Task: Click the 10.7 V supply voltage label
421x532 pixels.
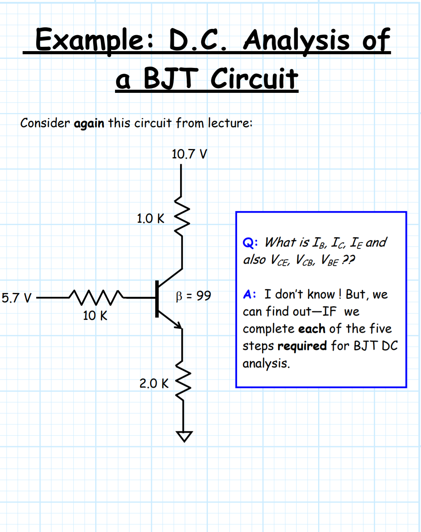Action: pyautogui.click(x=189, y=154)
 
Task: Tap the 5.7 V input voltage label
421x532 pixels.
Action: pyautogui.click(x=16, y=298)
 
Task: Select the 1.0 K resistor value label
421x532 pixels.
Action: pyautogui.click(x=150, y=218)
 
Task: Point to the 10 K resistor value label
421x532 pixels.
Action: pyautogui.click(x=95, y=316)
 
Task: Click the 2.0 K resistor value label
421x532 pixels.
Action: pyautogui.click(x=154, y=383)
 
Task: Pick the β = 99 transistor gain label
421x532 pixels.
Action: pyautogui.click(x=193, y=296)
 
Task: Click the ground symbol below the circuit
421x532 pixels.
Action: pyautogui.click(x=184, y=436)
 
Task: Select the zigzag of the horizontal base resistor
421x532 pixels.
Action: pyautogui.click(x=96, y=297)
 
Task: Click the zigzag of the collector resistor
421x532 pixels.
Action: pyautogui.click(x=182, y=216)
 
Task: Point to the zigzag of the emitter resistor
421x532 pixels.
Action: pyautogui.click(x=183, y=381)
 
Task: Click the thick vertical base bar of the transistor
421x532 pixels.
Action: pyautogui.click(x=157, y=299)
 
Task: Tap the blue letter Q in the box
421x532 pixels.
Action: pyautogui.click(x=248, y=243)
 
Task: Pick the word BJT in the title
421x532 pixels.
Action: pyautogui.click(x=171, y=78)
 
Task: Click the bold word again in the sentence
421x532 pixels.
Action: pyautogui.click(x=89, y=124)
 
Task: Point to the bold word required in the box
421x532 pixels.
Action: pyautogui.click(x=302, y=346)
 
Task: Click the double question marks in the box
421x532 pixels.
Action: pyautogui.click(x=348, y=259)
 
